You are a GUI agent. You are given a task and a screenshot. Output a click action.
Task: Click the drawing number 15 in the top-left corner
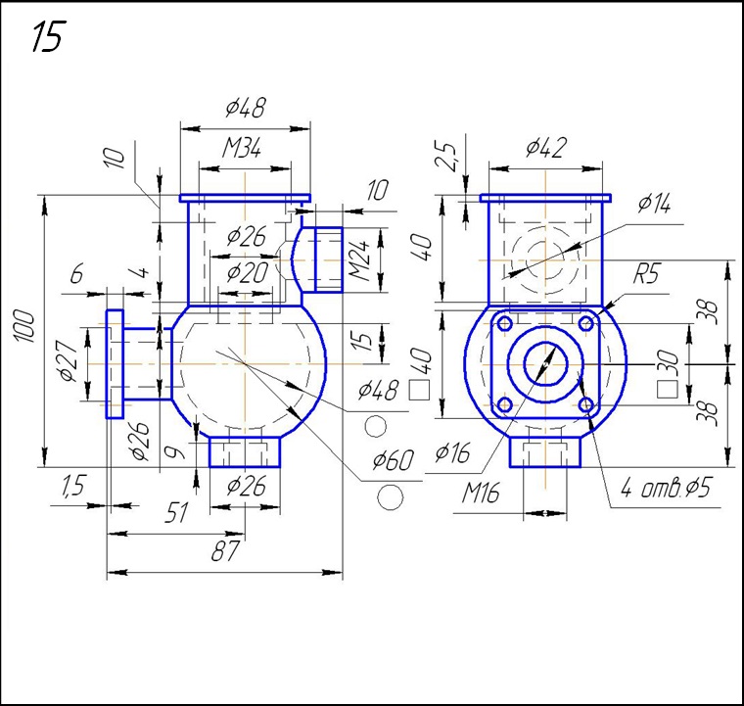tap(47, 37)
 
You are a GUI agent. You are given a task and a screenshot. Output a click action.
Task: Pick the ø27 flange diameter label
tap(69, 360)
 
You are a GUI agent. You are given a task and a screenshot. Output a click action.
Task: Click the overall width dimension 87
tap(226, 551)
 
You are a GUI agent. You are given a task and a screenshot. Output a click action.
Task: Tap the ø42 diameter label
tap(544, 147)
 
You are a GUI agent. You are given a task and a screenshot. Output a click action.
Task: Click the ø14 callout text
tap(654, 204)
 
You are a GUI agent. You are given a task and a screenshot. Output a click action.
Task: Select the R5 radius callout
tap(647, 274)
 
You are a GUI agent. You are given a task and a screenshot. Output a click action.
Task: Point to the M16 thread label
tap(481, 494)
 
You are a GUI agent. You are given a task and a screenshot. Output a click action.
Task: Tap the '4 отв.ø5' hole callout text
tap(666, 489)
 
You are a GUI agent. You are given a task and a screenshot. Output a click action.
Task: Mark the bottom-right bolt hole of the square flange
tap(585, 403)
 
